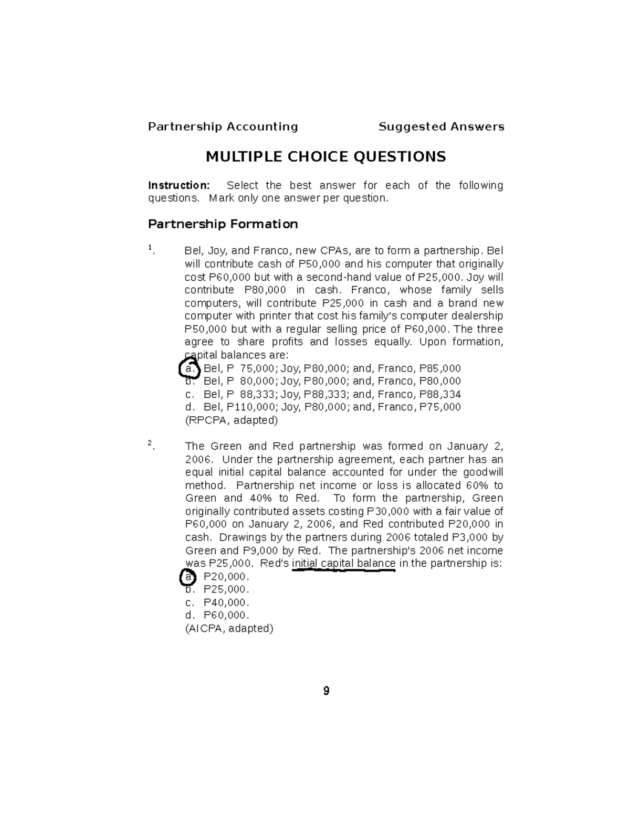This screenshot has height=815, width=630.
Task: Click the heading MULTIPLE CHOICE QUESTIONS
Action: coord(325,156)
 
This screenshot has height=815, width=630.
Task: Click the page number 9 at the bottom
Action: coord(326,691)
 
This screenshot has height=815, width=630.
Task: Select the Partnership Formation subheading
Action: coord(223,224)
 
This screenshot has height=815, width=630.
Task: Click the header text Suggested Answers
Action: coord(441,126)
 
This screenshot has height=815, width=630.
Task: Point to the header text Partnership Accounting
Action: coord(223,126)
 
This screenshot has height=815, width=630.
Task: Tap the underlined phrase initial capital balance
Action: coord(343,564)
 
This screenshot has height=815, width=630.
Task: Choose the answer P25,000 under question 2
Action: coord(226,589)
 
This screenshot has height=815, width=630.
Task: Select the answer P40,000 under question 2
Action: coord(226,602)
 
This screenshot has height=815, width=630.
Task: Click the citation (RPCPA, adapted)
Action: coord(231,420)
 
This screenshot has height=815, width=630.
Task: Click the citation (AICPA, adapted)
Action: coord(229,628)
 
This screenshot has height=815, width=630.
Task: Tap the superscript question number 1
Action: coord(150,247)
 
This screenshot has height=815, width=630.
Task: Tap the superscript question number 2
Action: coord(150,443)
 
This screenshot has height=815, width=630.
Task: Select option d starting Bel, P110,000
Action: coord(323,407)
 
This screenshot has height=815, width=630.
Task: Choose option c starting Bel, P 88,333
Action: coord(323,394)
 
